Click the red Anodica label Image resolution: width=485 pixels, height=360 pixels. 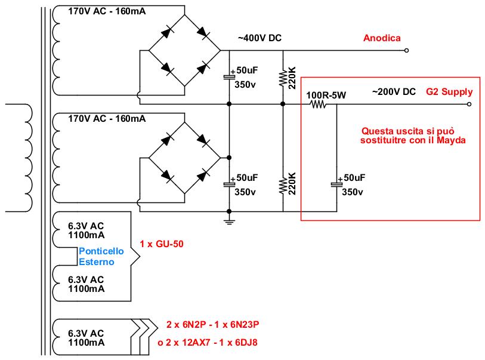pos(382,38)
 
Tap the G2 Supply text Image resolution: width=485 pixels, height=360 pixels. pos(449,92)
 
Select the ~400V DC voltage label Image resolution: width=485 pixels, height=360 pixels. pos(260,38)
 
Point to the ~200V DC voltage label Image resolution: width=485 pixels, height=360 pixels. pos(394,92)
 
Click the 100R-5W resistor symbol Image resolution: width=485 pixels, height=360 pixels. pos(319,104)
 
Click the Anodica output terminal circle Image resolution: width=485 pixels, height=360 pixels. pos(406,51)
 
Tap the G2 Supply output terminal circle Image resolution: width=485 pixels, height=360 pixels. pos(469,104)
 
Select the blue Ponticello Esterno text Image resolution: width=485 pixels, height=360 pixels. pos(101,256)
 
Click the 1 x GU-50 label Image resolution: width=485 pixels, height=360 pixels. pos(162,244)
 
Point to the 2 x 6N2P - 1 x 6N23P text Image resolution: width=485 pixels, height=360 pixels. pos(213,324)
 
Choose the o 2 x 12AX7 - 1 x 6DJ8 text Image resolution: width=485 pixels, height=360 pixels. pos(208,342)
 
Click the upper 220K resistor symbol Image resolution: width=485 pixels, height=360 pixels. pos(283,78)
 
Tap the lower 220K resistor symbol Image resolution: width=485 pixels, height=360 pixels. pos(283,185)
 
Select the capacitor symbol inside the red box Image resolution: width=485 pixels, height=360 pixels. pos(336,184)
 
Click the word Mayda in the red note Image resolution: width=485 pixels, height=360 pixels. pos(451,140)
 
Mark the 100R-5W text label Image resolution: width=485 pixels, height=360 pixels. pos(326,95)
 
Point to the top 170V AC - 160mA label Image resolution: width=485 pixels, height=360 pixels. pos(107,11)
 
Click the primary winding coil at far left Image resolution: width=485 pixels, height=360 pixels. pos(27,158)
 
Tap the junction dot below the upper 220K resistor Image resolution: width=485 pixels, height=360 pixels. pos(283,104)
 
